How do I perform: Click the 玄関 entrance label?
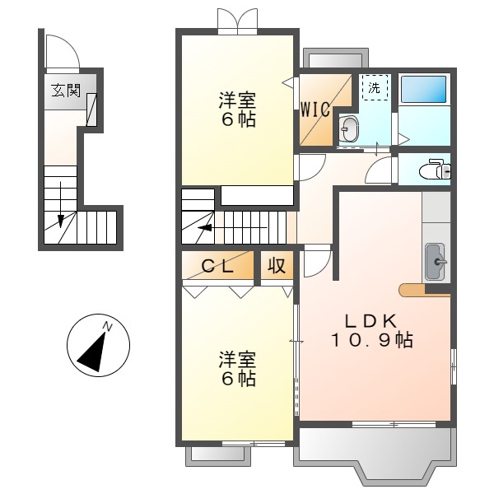[67, 90]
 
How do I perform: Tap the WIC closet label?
[315, 108]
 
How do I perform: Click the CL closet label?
[218, 266]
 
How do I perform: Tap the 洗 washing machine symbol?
[374, 86]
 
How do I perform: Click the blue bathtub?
[423, 90]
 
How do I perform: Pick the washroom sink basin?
[349, 128]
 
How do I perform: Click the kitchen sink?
[434, 262]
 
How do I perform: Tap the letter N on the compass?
[107, 328]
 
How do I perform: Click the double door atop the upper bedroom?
[237, 21]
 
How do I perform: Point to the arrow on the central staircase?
[206, 227]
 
